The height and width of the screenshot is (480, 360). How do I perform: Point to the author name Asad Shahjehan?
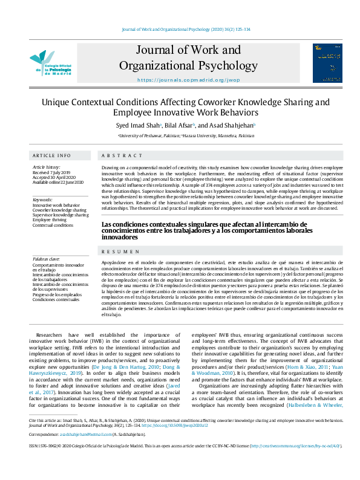pos(232,125)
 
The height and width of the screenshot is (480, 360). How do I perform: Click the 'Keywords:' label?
pos(43,199)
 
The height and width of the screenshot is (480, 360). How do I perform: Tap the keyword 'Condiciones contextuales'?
pos(56,299)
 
